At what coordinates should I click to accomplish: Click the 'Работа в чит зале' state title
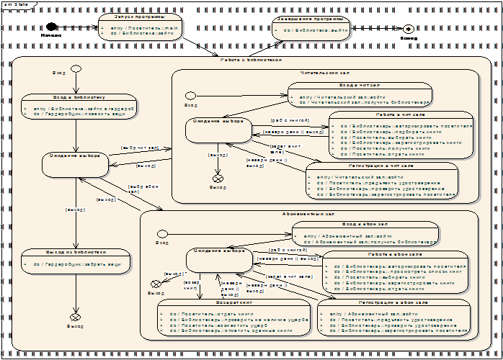click(401, 114)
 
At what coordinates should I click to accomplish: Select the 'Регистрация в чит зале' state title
click(381, 166)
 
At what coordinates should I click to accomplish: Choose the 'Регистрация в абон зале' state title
click(398, 302)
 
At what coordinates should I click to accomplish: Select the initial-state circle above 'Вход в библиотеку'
click(76, 70)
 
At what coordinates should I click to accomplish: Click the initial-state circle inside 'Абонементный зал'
click(162, 233)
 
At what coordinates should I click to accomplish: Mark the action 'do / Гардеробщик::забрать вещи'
click(80, 265)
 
